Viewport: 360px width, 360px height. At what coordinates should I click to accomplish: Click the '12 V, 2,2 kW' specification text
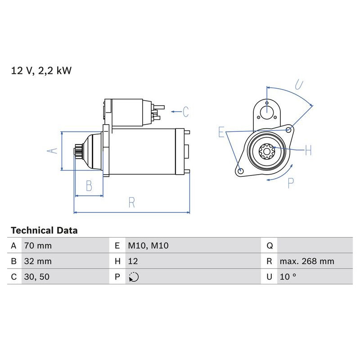[x=41, y=71]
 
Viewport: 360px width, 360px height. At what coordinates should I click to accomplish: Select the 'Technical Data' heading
[x=44, y=230]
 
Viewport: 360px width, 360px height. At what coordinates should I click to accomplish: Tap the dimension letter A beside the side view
[x=53, y=151]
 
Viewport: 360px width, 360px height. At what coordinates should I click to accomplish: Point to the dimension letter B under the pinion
[x=89, y=185]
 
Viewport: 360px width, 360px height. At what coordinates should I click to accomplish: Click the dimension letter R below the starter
[x=131, y=202]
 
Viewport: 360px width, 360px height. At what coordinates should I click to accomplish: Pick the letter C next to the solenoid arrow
[x=186, y=111]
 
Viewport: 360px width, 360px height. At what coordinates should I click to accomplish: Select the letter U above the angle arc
[x=298, y=84]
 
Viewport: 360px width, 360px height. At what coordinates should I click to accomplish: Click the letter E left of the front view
[x=221, y=132]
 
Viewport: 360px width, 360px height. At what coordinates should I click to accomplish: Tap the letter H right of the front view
[x=308, y=150]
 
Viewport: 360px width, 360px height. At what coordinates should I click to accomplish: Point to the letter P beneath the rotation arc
[x=291, y=182]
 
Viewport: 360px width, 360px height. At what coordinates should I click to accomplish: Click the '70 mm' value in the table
[x=38, y=246]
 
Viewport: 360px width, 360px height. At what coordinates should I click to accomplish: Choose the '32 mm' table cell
[x=38, y=261]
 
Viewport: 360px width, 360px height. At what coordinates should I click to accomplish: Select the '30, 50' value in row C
[x=36, y=277]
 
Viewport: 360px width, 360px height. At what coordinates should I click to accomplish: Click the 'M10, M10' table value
[x=148, y=246]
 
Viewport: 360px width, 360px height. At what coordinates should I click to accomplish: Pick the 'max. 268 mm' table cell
[x=306, y=261]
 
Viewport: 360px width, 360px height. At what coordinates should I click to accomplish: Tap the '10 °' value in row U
[x=288, y=277]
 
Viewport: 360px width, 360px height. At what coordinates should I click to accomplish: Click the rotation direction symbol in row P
[x=133, y=277]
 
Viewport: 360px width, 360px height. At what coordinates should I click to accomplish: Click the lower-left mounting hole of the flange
[x=240, y=171]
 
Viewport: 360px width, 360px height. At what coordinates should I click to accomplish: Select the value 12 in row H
[x=133, y=261]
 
